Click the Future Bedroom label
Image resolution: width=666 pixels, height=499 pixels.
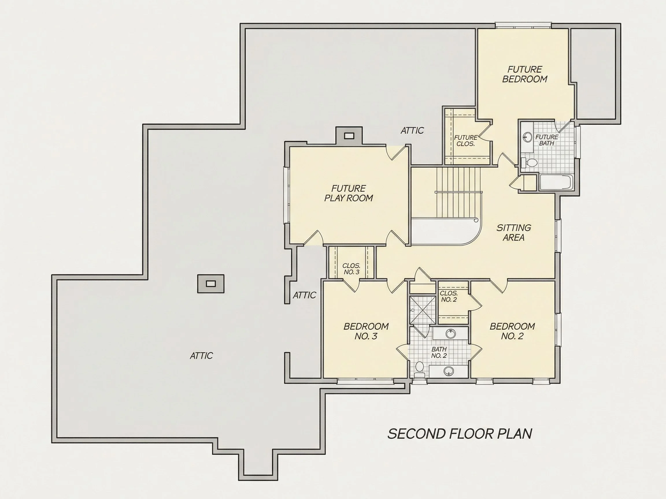click(525, 74)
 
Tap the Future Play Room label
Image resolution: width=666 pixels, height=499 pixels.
click(349, 193)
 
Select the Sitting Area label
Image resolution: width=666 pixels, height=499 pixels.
click(514, 232)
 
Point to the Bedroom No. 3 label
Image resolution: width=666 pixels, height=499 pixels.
click(366, 331)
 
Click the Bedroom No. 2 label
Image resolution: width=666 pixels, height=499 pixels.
click(512, 331)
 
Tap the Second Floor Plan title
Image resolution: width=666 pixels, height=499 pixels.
click(460, 434)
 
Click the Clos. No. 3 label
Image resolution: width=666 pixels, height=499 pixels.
click(351, 269)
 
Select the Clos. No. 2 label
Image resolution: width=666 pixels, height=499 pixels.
click(449, 296)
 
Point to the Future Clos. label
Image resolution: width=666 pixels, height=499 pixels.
click(466, 141)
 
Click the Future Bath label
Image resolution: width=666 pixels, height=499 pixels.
click(547, 140)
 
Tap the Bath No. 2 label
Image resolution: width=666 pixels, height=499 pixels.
click(439, 353)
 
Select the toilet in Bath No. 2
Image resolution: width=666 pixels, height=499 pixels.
click(419, 369)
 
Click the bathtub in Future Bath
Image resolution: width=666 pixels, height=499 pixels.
click(557, 182)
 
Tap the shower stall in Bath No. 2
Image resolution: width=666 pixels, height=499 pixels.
click(423, 310)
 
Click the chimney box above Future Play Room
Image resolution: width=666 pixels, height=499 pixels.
click(349, 136)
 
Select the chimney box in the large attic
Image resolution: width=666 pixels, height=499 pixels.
click(211, 284)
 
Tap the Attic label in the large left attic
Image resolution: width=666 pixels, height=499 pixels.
click(201, 356)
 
